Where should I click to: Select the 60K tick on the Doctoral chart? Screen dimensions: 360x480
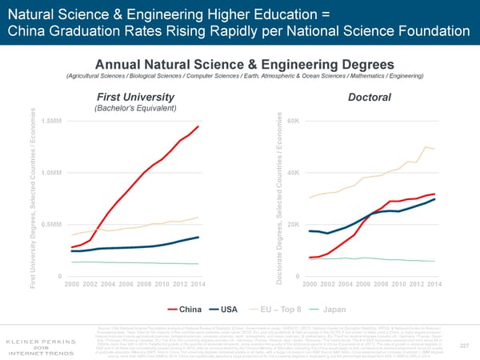click(x=293, y=121)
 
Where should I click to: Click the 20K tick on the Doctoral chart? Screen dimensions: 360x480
click(x=293, y=224)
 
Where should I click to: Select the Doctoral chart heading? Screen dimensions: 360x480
click(x=369, y=96)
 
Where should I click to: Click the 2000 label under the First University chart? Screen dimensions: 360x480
click(x=71, y=284)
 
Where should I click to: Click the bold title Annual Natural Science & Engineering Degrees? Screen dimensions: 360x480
click(x=240, y=64)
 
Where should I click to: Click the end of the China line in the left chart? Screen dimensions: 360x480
click(x=198, y=126)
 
